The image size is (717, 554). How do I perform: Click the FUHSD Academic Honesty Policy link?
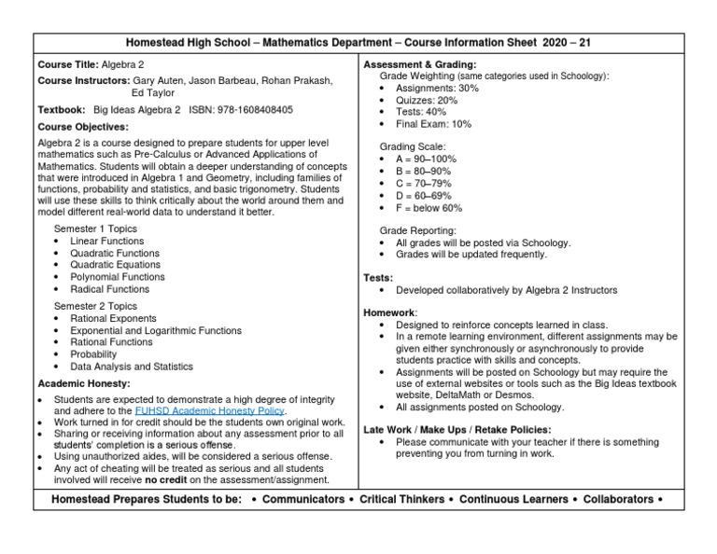coord(210,410)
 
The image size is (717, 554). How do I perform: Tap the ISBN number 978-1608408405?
coord(254,109)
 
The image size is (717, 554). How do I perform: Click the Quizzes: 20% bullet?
coord(427,100)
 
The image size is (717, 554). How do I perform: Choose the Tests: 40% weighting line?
coord(421,112)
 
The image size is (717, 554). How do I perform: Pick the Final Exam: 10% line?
coord(433,124)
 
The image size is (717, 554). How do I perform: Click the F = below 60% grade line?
coord(429,208)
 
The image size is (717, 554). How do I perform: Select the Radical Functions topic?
coord(109,289)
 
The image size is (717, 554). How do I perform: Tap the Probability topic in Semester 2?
coord(94,354)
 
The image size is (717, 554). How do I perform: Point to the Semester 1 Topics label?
coord(95,229)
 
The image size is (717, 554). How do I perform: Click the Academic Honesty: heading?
coord(83,383)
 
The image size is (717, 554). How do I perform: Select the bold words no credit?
coord(165,480)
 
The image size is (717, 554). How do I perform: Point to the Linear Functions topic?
coord(106,241)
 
